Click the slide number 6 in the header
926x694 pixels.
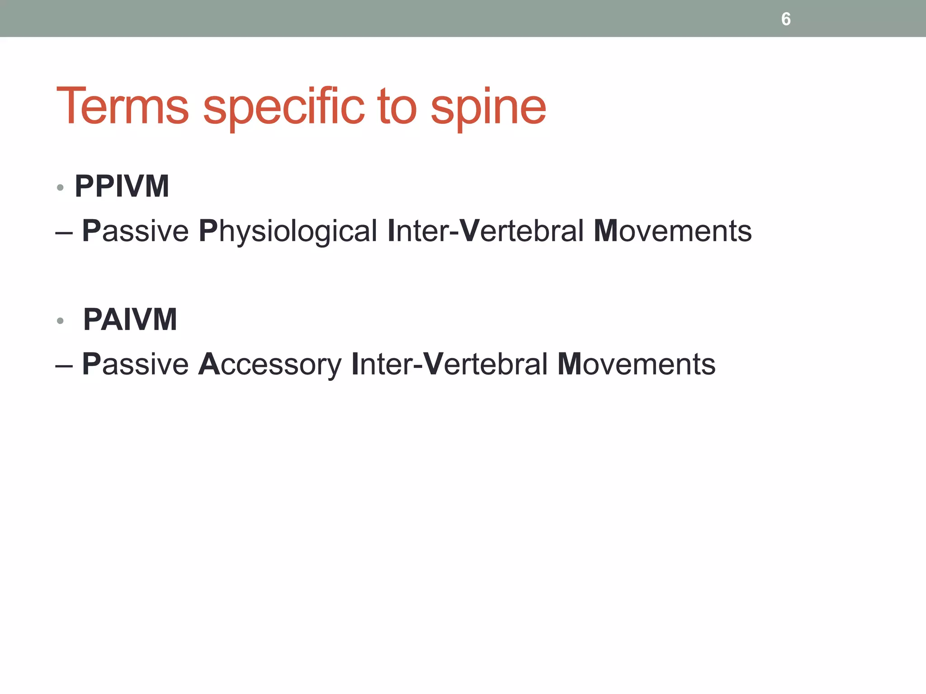point(786,19)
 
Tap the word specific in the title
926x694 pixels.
point(283,107)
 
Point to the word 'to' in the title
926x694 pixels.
point(397,107)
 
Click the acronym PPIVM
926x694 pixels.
point(122,186)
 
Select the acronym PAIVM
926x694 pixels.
point(130,319)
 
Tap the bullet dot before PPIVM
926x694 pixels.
point(60,188)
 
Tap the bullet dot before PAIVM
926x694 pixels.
point(60,321)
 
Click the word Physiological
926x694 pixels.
point(288,231)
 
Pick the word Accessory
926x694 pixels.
point(270,364)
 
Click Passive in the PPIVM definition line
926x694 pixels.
point(135,231)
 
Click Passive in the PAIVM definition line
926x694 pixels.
point(135,364)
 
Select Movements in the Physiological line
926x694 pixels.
point(672,231)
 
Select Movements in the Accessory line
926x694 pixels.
point(636,364)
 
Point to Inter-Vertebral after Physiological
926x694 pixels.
point(486,231)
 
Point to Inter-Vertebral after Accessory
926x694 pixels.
point(449,364)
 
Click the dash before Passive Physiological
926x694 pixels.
point(64,233)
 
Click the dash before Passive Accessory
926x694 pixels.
point(64,366)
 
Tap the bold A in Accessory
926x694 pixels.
point(209,364)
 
